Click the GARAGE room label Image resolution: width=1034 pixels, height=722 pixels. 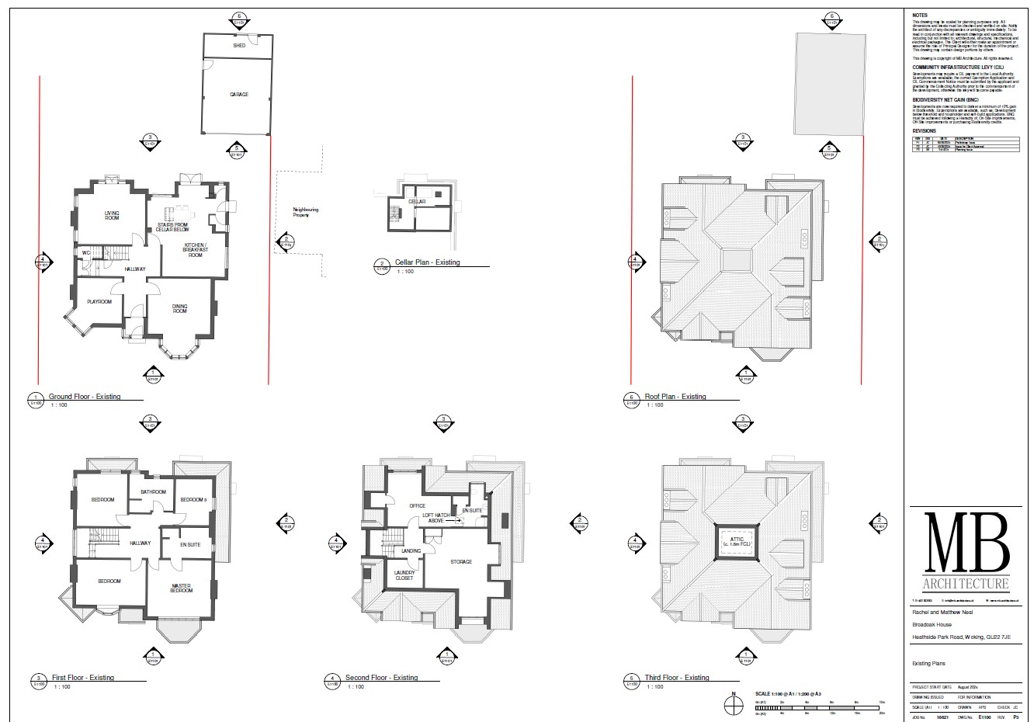238,95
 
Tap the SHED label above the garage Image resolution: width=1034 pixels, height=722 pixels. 238,46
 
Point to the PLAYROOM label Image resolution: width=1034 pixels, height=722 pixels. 99,301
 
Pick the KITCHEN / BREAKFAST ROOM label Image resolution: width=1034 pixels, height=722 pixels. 195,250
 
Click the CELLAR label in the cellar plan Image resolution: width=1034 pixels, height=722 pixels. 417,202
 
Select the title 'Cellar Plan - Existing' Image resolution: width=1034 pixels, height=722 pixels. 425,262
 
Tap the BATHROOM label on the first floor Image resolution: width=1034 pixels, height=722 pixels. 153,491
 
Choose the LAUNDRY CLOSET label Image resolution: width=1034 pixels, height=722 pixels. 405,575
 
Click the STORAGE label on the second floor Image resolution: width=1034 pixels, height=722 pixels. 461,561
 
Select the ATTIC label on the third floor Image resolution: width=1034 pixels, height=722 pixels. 737,541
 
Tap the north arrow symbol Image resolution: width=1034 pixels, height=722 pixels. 731,703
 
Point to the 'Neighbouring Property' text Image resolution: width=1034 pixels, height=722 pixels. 305,212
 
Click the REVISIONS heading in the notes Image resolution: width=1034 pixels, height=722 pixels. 924,131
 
